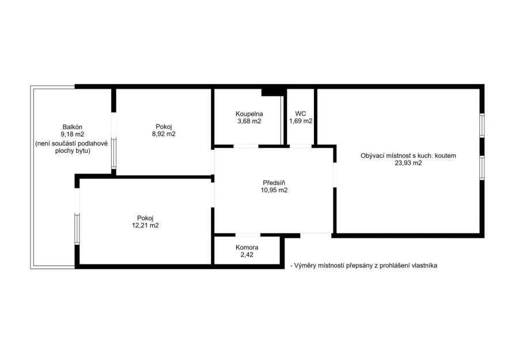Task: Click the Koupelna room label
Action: [249, 114]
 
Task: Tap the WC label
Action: [301, 113]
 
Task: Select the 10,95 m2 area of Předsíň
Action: [274, 190]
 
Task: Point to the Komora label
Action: [247, 247]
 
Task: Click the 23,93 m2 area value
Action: [408, 163]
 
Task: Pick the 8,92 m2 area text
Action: [164, 134]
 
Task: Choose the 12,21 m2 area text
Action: [145, 225]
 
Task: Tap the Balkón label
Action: [72, 127]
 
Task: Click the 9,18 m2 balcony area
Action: [72, 134]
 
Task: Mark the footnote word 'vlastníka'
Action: [424, 266]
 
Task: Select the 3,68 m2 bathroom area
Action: [249, 121]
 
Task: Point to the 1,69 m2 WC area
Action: [301, 121]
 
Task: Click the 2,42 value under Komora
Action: [247, 255]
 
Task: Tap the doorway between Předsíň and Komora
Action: [248, 235]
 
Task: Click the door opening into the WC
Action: [300, 146]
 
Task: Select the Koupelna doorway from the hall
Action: [246, 146]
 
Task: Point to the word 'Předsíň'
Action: [274, 183]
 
